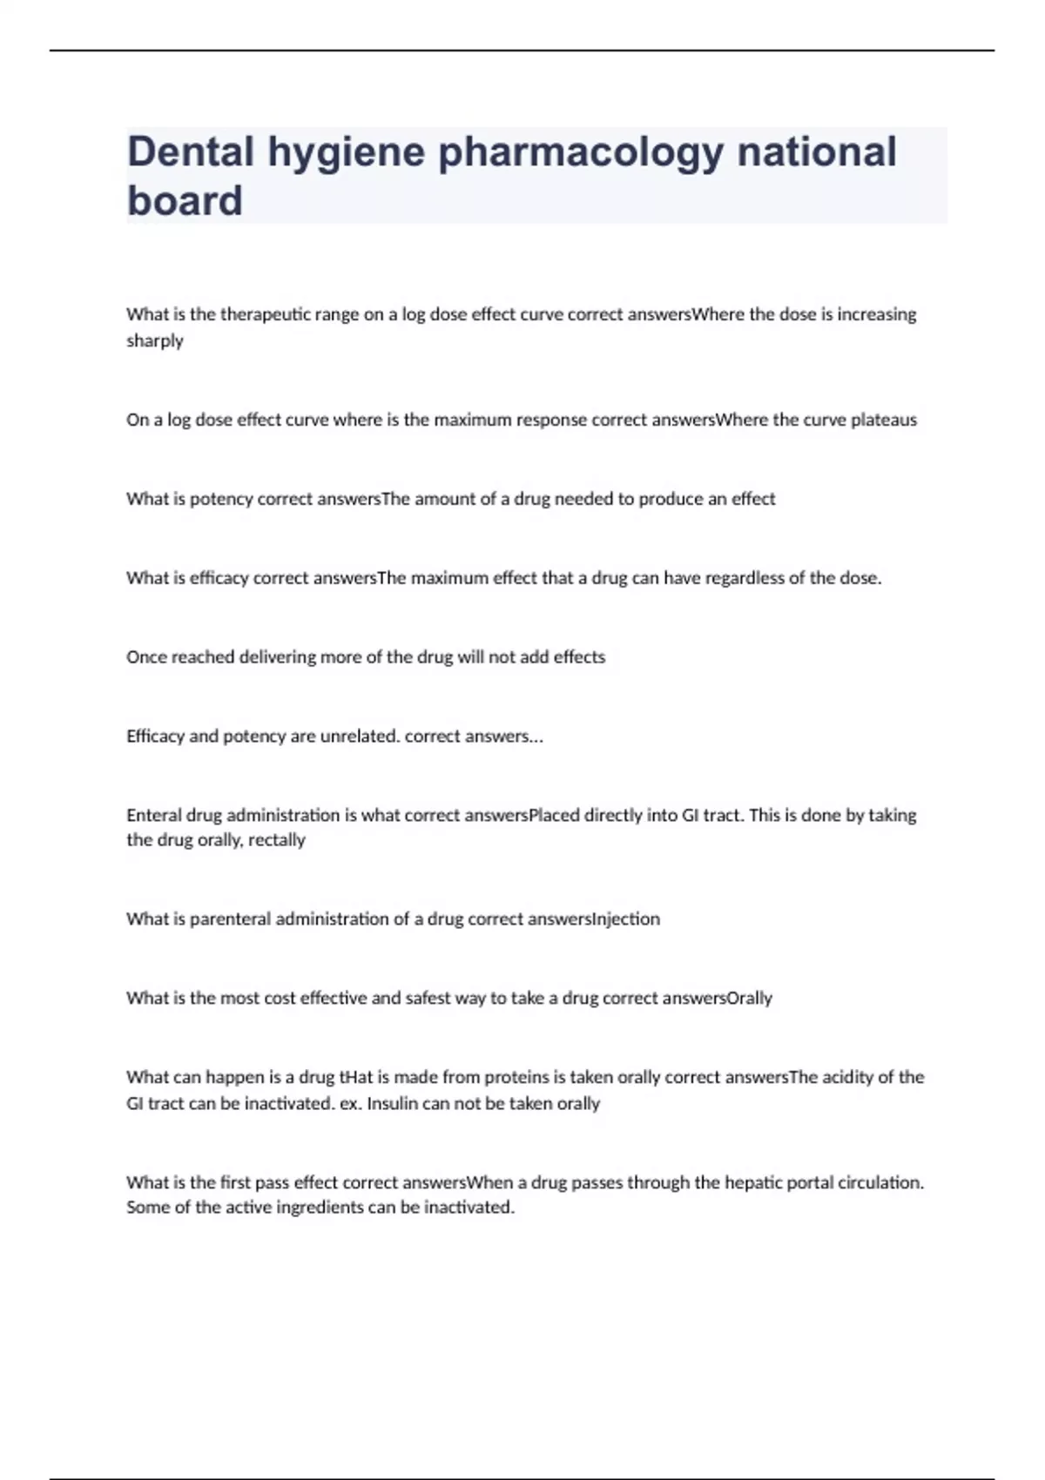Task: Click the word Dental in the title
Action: click(x=191, y=151)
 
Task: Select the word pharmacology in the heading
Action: click(x=581, y=153)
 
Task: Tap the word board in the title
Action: click(x=185, y=201)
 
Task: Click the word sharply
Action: click(x=155, y=340)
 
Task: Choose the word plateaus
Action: click(x=884, y=420)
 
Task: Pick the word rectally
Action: click(x=277, y=840)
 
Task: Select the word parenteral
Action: click(x=230, y=919)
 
